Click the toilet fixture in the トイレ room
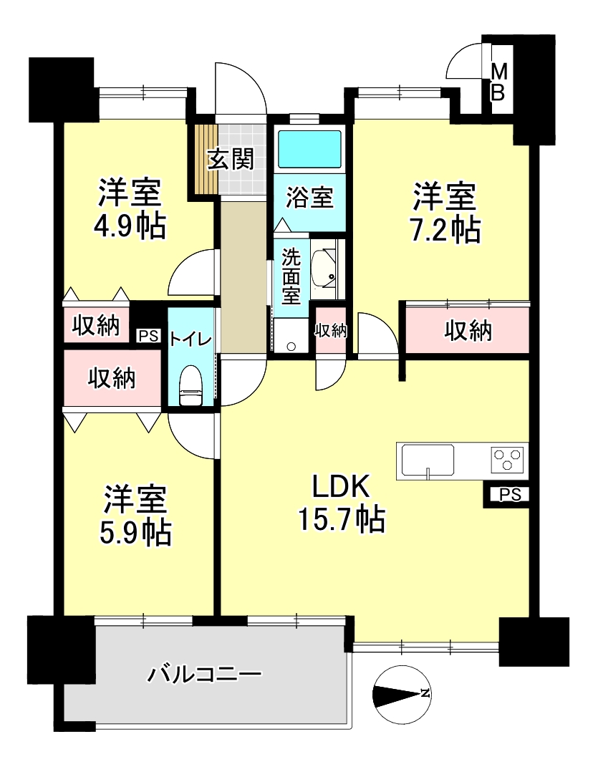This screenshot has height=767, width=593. (191, 386)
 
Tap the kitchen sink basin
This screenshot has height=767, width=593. (427, 460)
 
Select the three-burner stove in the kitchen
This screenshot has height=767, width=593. (507, 459)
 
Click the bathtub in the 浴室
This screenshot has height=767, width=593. (309, 149)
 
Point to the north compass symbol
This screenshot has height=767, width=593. (401, 694)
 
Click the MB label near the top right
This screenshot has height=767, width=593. (498, 82)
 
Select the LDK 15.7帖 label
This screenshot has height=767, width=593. (342, 504)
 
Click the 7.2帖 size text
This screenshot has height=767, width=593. (445, 230)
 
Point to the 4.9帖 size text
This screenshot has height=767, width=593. (130, 226)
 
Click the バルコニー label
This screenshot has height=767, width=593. (205, 675)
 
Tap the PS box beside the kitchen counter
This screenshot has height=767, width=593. (508, 495)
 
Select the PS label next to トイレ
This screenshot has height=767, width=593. (148, 336)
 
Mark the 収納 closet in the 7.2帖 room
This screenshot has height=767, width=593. (468, 330)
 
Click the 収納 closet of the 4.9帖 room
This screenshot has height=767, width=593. (97, 325)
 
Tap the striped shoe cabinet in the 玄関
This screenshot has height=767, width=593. (206, 160)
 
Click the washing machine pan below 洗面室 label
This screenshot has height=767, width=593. (291, 337)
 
